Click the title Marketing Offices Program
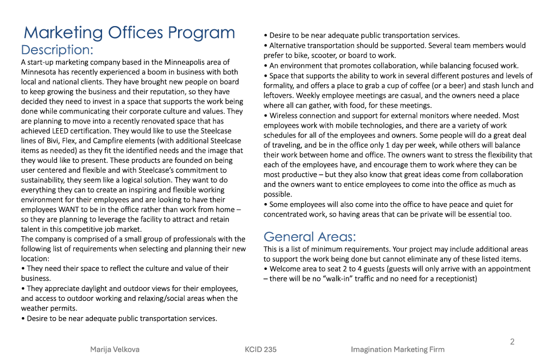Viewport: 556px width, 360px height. (129, 33)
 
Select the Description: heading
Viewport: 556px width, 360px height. (57, 50)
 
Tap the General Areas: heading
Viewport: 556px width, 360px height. (309, 237)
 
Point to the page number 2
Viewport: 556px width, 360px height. (512, 342)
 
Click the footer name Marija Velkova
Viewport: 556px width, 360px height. (115, 349)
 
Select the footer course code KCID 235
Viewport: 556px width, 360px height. (261, 349)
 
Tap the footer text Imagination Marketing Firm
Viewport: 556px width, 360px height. (397, 349)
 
